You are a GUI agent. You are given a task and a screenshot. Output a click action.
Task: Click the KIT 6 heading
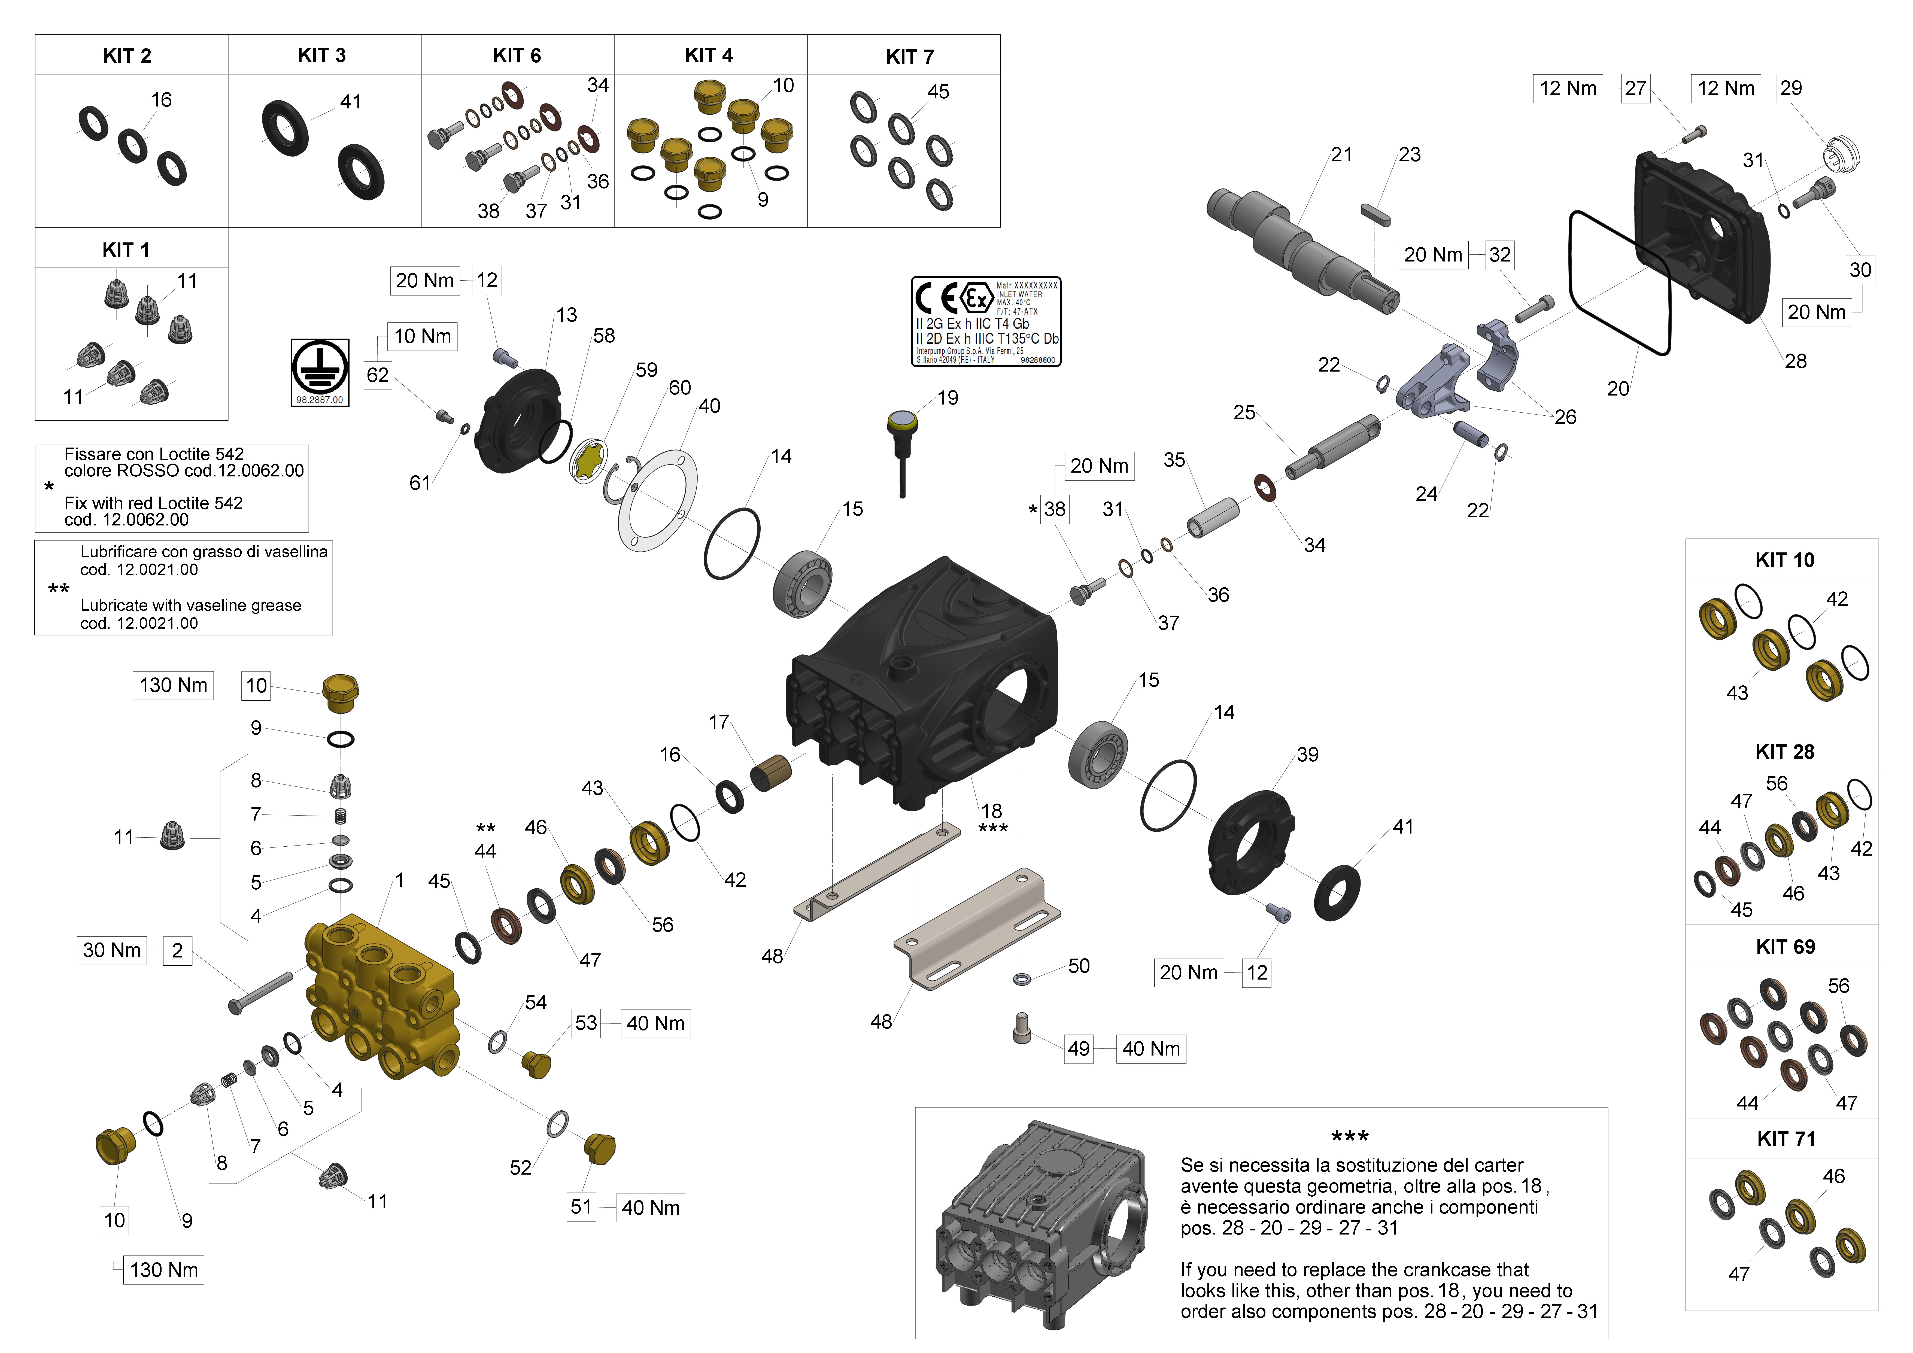coord(517,56)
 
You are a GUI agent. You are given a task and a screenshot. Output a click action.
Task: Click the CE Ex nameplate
coord(986,322)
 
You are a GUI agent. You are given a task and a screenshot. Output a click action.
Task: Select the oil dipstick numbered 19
coord(901,442)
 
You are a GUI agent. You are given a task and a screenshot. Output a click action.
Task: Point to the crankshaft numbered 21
coord(1300,250)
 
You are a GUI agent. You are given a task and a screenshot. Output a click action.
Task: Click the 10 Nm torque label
coord(423,337)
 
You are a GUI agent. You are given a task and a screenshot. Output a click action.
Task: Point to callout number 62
coord(377,375)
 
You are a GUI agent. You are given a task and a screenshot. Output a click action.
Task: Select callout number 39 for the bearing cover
coord(1307,755)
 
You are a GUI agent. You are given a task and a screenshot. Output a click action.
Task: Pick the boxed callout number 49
coord(1078,1049)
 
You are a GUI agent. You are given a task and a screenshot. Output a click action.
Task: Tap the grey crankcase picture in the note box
coord(1041,1225)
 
